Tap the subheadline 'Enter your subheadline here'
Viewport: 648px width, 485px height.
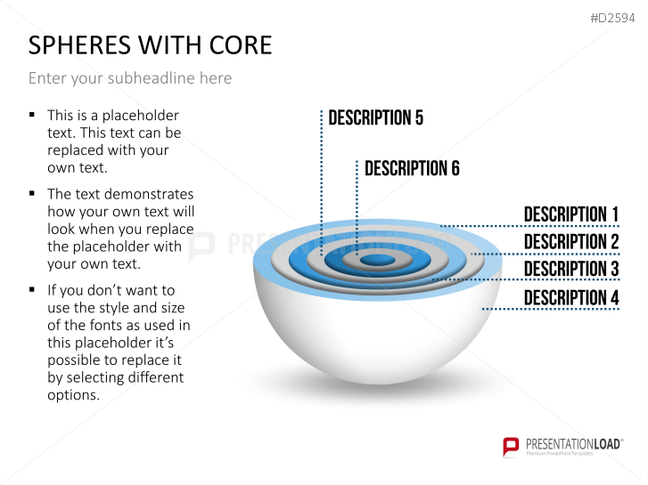click(130, 78)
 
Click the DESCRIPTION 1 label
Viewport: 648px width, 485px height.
click(570, 214)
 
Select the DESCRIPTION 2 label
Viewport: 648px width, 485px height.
click(570, 242)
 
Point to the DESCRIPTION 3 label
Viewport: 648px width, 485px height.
click(570, 270)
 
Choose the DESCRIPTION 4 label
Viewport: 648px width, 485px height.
click(570, 298)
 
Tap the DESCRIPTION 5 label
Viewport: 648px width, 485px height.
click(375, 118)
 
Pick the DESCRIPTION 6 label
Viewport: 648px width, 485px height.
click(412, 168)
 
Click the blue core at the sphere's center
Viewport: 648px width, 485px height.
click(379, 260)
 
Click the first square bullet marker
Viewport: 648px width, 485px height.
click(32, 115)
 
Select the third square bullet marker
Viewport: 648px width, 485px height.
click(32, 290)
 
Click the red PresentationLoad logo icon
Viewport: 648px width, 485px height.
click(511, 446)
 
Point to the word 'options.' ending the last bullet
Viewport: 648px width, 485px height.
click(73, 395)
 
